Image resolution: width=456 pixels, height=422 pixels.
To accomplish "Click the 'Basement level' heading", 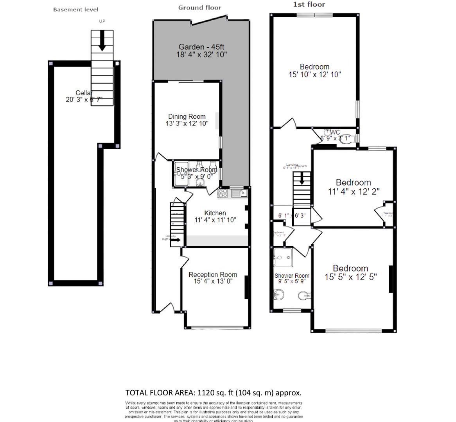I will pos(75,9).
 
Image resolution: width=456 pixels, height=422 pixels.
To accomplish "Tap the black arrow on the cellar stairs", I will pos(102,41).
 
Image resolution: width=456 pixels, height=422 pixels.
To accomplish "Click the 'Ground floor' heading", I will pos(199,7).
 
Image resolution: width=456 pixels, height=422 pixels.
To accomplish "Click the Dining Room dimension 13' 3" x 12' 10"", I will pos(187,123).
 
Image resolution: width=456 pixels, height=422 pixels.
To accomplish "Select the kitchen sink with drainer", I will pos(239,193).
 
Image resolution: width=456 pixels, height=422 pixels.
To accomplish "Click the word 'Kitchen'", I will pos(215,213).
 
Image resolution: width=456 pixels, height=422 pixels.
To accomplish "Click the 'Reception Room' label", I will pos(213,275).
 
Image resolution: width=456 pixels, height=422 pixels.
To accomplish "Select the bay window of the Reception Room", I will pos(216,327).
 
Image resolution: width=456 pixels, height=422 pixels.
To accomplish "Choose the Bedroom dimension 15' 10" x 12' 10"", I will pos(315,74).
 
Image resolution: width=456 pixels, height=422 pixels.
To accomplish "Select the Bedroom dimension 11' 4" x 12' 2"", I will pos(354,191).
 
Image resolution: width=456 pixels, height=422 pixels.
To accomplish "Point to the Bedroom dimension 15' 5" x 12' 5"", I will pos(350,277).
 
